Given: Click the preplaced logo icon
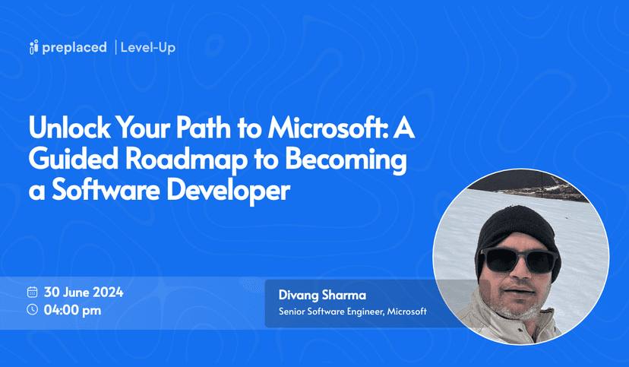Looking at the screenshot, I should [33, 48].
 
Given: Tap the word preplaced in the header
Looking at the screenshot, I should [74, 48].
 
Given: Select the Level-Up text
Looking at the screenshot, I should [148, 48].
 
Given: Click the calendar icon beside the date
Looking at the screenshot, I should [33, 292].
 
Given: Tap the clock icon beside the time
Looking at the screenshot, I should [33, 309].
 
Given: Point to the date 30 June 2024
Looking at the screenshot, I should [84, 292].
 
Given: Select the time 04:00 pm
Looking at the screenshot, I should [73, 309].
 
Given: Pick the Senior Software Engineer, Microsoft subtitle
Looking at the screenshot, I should [352, 312].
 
